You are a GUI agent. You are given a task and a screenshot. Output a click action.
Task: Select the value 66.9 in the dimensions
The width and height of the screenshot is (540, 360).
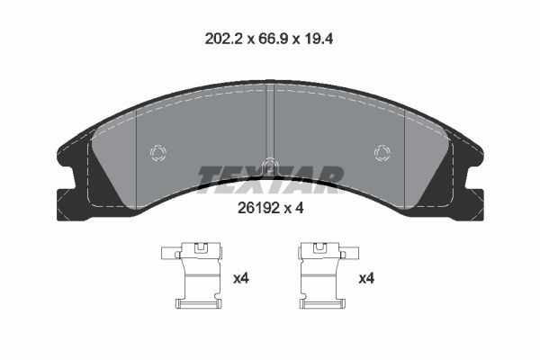pyautogui.click(x=278, y=40)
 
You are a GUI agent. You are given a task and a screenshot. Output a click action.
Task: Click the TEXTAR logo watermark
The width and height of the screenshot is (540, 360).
pyautogui.click(x=269, y=178)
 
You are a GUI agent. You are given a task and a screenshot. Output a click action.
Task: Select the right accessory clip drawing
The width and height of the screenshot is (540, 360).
pyautogui.click(x=320, y=278)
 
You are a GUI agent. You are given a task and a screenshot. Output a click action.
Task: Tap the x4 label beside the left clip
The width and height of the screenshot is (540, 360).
pyautogui.click(x=241, y=279)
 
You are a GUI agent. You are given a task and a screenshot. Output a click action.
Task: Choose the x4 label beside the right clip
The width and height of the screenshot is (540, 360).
pyautogui.click(x=366, y=279)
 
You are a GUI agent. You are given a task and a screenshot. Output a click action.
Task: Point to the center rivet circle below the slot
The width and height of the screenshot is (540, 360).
pyautogui.click(x=268, y=165)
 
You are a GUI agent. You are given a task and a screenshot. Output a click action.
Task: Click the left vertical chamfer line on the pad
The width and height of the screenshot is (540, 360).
pyautogui.click(x=135, y=153)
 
